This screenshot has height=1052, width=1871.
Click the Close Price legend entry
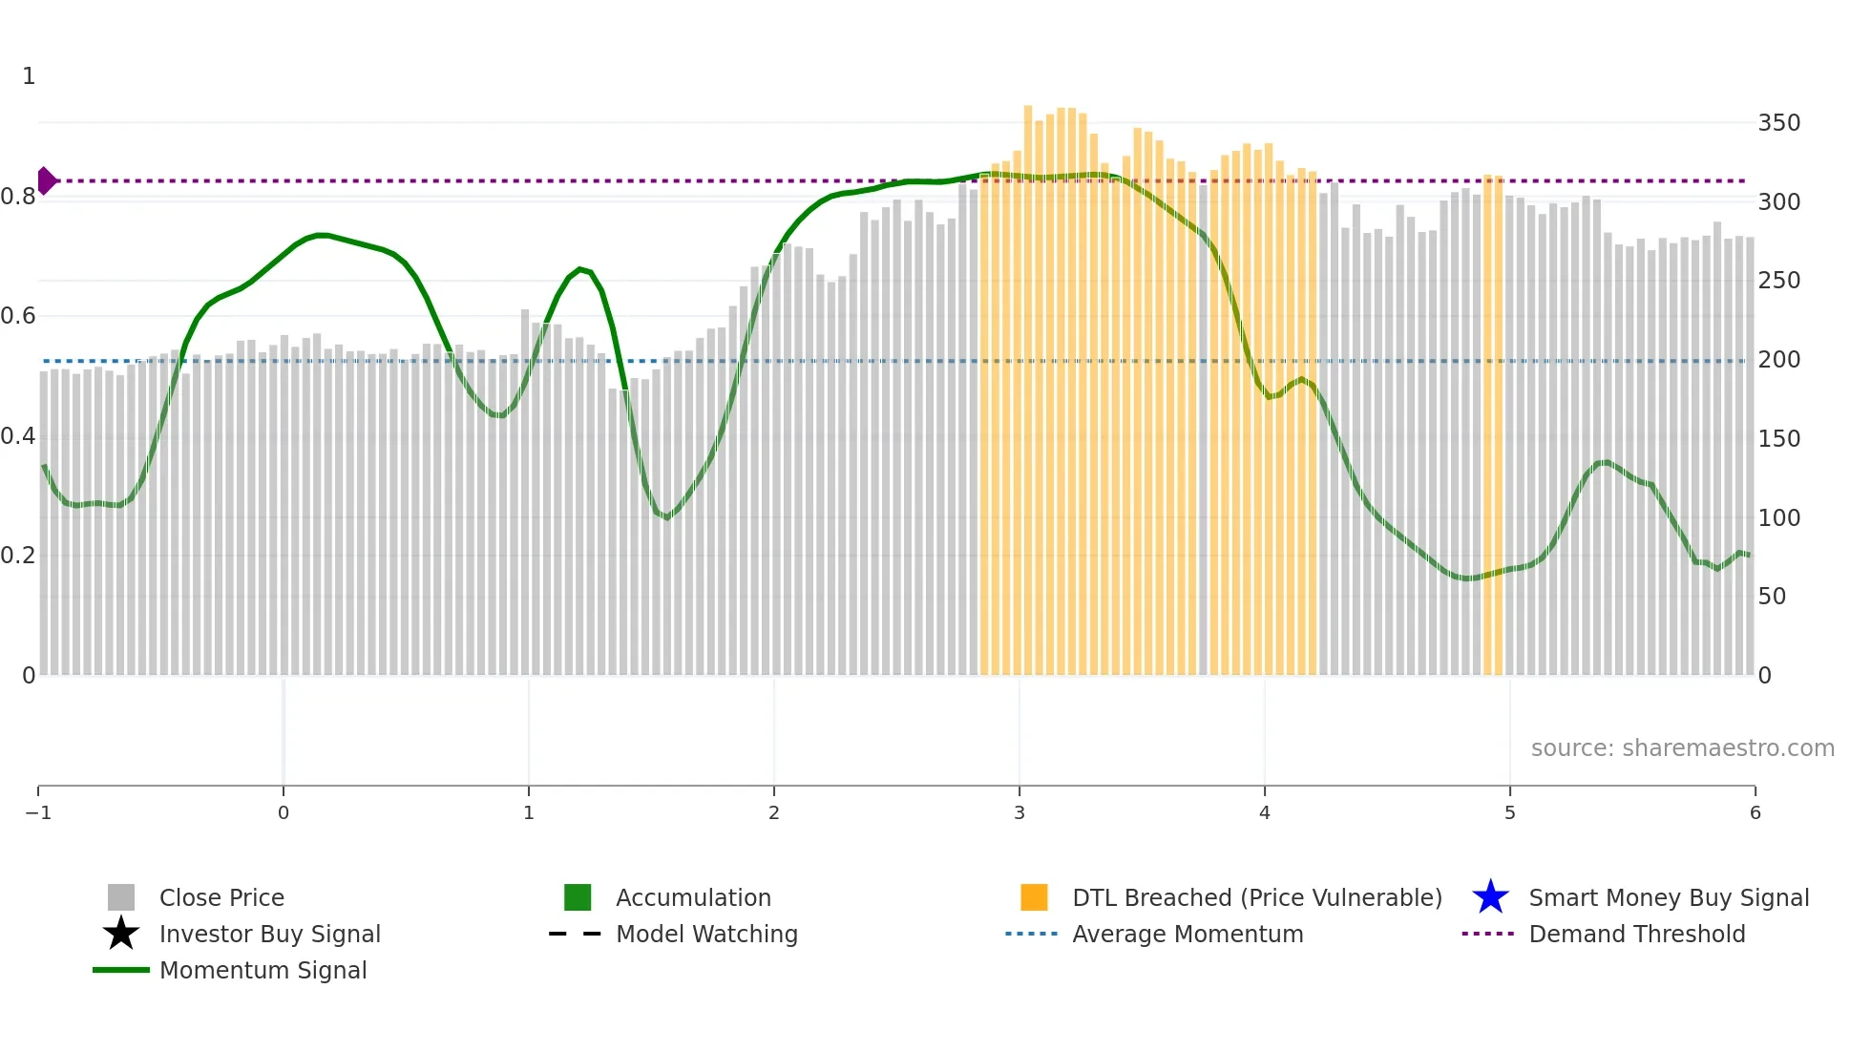click(221, 897)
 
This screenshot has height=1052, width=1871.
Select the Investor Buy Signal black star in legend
click(121, 934)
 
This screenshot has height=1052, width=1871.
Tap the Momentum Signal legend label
click(263, 970)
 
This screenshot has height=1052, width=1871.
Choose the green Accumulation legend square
click(578, 897)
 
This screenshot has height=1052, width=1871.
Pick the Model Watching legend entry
click(705, 934)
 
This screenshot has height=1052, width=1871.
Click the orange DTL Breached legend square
click(1034, 897)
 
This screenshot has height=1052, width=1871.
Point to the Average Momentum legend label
click(1188, 934)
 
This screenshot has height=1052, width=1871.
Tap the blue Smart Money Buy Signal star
click(1490, 897)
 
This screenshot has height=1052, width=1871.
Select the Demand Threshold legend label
click(1636, 934)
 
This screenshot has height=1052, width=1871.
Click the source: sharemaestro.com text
click(1682, 747)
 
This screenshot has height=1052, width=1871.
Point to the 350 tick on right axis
click(1778, 123)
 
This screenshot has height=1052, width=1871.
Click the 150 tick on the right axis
click(1778, 439)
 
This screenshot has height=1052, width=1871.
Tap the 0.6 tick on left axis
click(19, 316)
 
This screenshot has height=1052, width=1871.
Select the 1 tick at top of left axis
click(29, 76)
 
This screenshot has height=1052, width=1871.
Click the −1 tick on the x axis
click(38, 812)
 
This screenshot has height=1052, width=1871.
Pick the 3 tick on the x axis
click(1020, 812)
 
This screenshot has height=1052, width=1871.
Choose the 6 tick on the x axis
click(1755, 812)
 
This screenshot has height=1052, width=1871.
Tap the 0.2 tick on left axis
click(19, 556)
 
